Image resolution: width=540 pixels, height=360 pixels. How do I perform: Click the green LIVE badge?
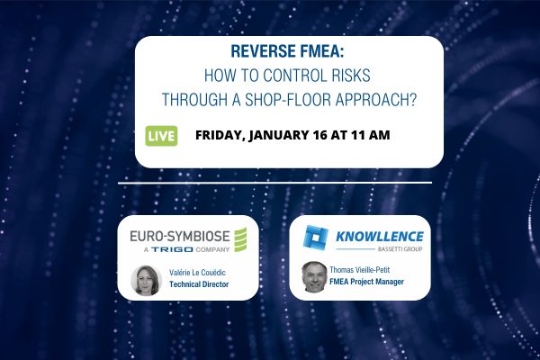[x=160, y=136]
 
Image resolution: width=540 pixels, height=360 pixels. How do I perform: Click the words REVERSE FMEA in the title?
[x=288, y=52]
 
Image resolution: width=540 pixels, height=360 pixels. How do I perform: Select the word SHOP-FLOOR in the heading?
[x=285, y=97]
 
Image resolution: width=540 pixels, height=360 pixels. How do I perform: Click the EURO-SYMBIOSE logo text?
[x=180, y=236]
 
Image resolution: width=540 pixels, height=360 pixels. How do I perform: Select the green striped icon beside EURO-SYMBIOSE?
[x=240, y=239]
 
